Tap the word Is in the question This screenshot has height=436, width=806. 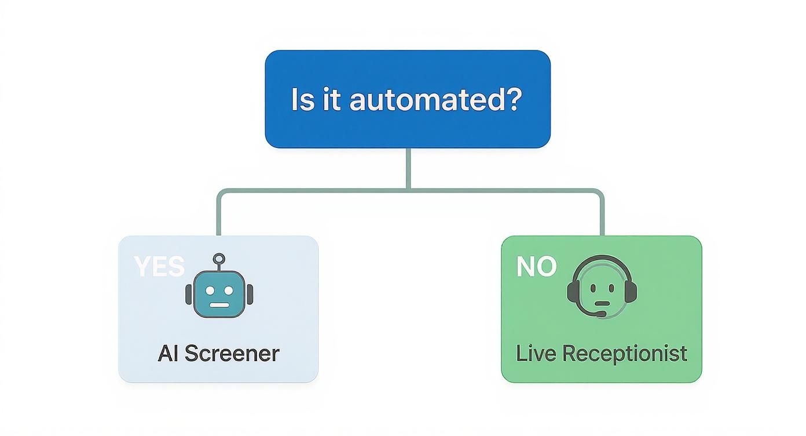302,99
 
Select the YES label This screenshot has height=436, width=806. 159,267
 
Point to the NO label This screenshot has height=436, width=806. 536,267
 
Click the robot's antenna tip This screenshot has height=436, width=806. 219,259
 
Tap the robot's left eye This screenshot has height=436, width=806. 208,288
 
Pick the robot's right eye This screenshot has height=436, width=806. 230,288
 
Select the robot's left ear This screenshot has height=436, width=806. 189,295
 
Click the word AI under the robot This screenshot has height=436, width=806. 167,353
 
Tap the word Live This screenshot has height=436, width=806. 531,353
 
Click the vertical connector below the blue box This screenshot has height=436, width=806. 408,168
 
